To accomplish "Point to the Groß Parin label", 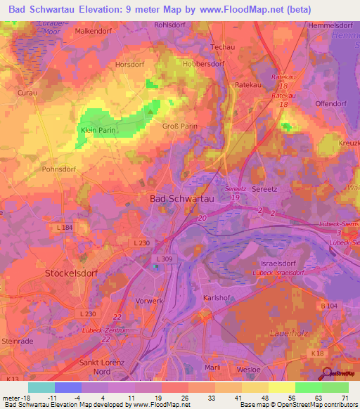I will pyautogui.click(x=179, y=126).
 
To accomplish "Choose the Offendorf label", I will pyautogui.click(x=330, y=103).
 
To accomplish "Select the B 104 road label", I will pyautogui.click(x=330, y=305).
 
